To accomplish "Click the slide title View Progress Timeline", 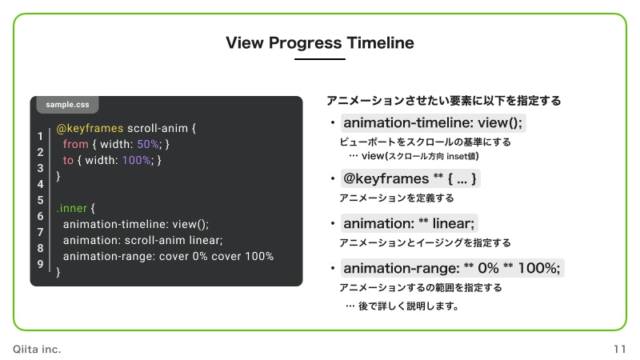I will (320, 42).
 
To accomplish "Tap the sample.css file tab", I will (67, 105).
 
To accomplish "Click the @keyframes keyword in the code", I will (90, 127).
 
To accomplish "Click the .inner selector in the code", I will (74, 208).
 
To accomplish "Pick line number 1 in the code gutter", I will (40, 137).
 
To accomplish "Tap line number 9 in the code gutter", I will (40, 263).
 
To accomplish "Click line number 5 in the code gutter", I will (40, 200).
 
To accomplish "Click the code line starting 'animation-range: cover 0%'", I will (168, 256).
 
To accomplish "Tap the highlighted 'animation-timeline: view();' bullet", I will (433, 124).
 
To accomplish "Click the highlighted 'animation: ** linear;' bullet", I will (409, 224).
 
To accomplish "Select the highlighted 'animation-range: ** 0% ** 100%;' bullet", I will (453, 269).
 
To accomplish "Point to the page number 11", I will (619, 350).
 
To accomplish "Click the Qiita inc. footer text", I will (37, 350).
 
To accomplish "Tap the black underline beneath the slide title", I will (320, 59).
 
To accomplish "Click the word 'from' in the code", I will (75, 144).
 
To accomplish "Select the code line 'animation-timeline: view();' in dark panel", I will (135, 224).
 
